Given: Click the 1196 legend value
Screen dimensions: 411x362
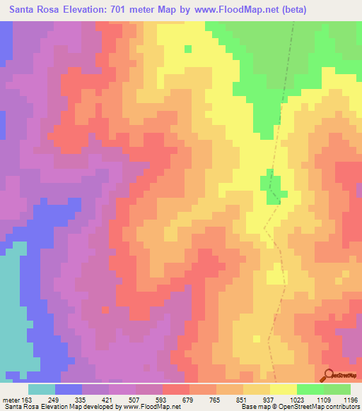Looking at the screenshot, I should tap(351, 399).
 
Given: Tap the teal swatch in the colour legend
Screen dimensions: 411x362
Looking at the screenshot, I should tap(42, 389).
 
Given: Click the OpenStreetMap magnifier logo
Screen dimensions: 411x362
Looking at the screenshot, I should tap(329, 374).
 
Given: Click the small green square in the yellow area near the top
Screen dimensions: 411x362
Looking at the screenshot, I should tap(188, 49).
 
